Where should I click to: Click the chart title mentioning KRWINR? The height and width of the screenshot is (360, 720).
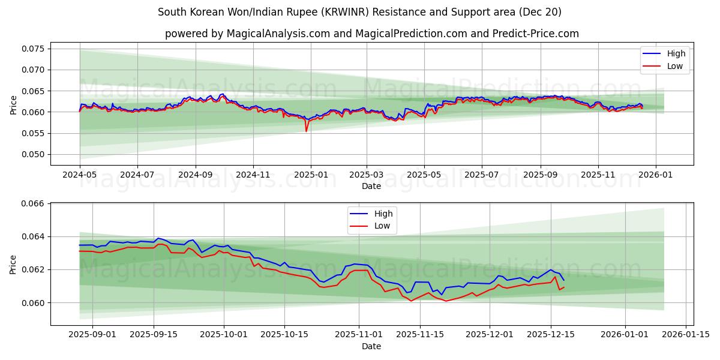(x=359, y=12)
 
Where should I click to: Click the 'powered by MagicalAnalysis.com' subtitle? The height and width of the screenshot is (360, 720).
(x=371, y=34)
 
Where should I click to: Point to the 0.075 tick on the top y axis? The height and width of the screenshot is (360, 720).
(x=34, y=49)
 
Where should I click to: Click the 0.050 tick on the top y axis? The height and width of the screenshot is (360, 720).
(x=34, y=155)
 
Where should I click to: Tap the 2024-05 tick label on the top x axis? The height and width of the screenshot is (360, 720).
(x=80, y=174)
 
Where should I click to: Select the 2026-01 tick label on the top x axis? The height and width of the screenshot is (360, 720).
(x=655, y=174)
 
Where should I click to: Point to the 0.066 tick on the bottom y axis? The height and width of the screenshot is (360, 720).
(x=34, y=204)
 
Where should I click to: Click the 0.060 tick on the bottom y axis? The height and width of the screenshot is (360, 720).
(x=34, y=303)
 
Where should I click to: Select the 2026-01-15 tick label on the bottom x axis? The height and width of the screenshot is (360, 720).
(x=685, y=334)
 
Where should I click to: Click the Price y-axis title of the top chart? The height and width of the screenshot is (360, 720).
(x=13, y=105)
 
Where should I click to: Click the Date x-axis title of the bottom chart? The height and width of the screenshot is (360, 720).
(x=371, y=346)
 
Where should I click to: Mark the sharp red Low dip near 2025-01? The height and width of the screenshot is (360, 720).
(x=306, y=131)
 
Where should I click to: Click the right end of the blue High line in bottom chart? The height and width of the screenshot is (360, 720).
(x=563, y=280)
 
